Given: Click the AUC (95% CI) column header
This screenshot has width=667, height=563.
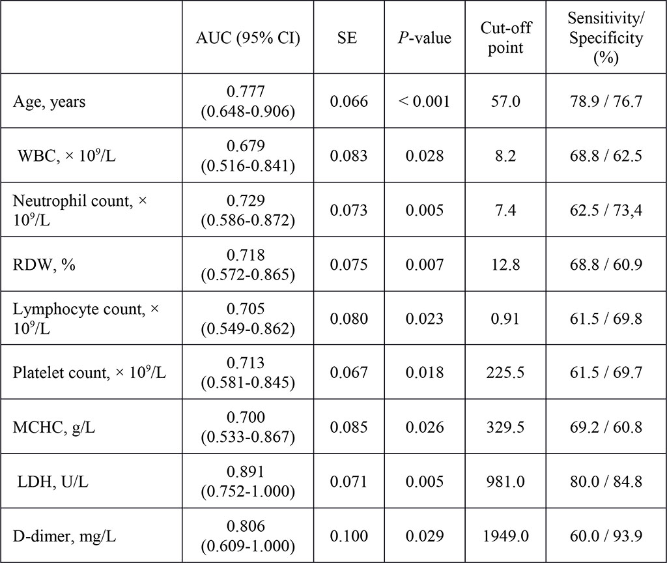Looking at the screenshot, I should (248, 38).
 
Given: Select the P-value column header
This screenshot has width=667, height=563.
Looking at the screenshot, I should (424, 38).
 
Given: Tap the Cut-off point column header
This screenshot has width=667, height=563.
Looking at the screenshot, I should (505, 38).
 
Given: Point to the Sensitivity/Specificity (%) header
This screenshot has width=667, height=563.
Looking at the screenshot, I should (605, 38).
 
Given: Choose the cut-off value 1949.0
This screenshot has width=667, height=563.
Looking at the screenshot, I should (505, 536).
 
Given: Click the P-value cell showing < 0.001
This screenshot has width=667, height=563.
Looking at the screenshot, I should (424, 102).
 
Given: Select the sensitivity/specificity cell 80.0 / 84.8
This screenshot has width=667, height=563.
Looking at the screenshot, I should (605, 482).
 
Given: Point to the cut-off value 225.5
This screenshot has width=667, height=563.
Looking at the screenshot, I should (505, 373).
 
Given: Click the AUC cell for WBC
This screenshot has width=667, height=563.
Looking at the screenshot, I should (248, 156).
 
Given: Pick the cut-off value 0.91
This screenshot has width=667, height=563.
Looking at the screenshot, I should (505, 319).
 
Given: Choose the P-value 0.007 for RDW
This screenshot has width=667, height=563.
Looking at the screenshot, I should (424, 265).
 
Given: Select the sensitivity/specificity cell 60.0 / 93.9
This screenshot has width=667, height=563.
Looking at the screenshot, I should (605, 536).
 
